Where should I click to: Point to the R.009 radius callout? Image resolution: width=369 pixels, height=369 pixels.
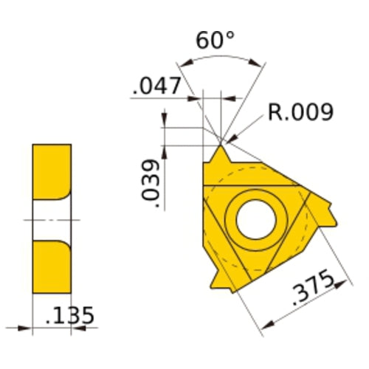(x=300, y=112)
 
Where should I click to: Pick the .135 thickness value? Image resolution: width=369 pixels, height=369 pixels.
(x=69, y=315)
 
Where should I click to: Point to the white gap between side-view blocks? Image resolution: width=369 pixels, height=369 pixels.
(x=52, y=219)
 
